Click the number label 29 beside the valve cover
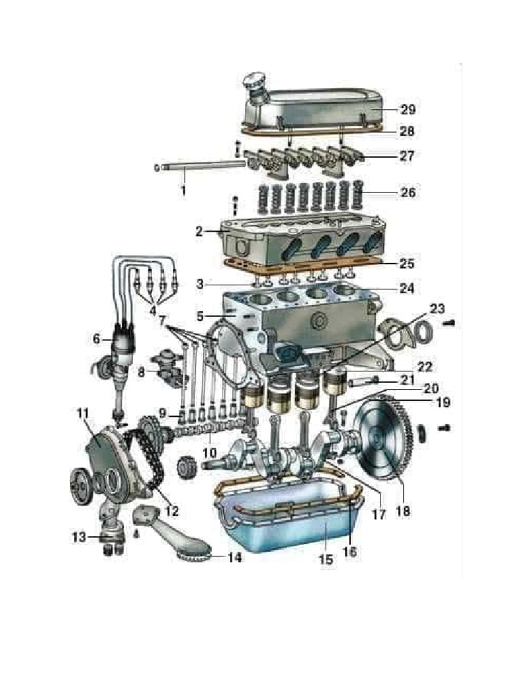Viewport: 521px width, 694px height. (408, 109)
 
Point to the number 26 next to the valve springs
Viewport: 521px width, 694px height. (408, 192)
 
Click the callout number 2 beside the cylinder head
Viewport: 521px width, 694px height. (198, 231)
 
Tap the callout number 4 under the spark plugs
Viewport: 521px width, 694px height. (153, 310)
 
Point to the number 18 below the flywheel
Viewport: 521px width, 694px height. (402, 509)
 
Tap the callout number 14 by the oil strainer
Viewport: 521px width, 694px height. (234, 558)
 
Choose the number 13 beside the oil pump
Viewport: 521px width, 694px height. (79, 537)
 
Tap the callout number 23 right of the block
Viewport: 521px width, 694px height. (437, 308)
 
